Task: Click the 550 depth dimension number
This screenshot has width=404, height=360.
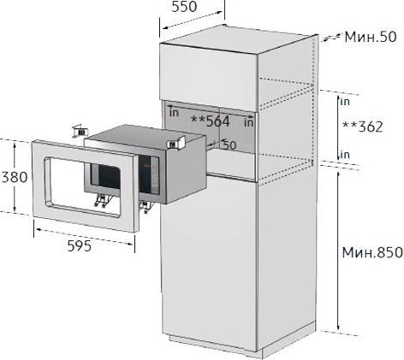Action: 184,7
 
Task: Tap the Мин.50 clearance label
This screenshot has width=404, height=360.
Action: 371,37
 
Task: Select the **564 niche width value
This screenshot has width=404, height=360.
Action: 211,121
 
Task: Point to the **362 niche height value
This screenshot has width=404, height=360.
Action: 362,127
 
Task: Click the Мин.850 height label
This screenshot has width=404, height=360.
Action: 372,252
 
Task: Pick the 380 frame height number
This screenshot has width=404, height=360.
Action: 15,177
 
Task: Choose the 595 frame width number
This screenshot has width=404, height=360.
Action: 80,245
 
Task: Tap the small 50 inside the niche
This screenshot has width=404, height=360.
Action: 229,145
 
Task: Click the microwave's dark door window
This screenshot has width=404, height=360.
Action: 105,176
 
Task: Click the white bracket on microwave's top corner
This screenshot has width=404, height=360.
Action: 177,143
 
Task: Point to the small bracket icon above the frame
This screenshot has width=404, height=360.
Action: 80,131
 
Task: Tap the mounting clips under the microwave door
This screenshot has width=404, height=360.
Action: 101,201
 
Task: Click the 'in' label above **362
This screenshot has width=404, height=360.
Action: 345,102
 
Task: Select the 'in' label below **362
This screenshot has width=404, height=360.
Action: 345,155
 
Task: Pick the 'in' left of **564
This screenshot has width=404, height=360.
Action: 174,113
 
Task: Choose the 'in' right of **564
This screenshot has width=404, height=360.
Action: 249,123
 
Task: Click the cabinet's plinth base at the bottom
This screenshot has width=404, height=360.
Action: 214,345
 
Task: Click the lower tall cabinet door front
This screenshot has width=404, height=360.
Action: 209,263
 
